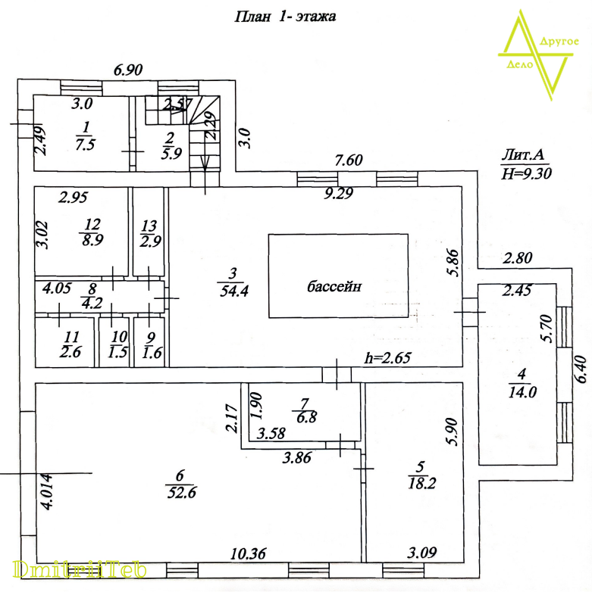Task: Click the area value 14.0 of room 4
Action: pyautogui.click(x=523, y=392)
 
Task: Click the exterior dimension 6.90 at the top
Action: pyautogui.click(x=128, y=70)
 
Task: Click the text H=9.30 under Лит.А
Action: pyautogui.click(x=526, y=173)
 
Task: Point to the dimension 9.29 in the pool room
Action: pyautogui.click(x=339, y=195)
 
